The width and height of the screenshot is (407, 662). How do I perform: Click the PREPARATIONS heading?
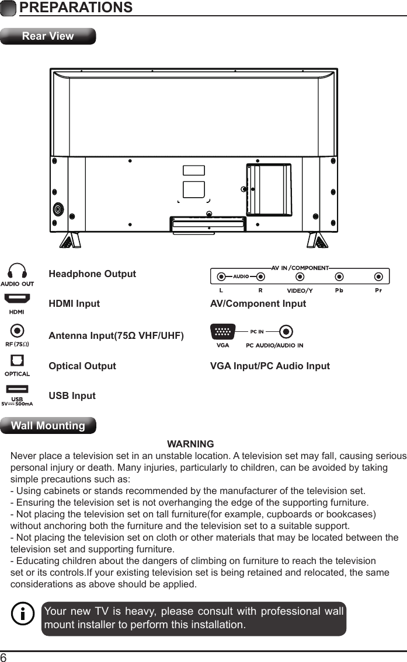click(x=75, y=8)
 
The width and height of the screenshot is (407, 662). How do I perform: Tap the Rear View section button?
click(x=48, y=36)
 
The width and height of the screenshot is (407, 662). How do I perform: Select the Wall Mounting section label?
click(x=48, y=426)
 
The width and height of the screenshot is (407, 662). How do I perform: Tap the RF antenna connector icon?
click(x=18, y=331)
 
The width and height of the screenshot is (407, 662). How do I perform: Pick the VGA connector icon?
click(x=222, y=332)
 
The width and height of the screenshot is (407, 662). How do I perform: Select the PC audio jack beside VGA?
click(x=286, y=332)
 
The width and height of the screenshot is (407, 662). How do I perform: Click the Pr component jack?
click(x=379, y=276)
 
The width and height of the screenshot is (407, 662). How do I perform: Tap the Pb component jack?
click(x=339, y=276)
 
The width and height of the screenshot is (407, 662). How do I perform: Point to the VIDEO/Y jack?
click(x=300, y=276)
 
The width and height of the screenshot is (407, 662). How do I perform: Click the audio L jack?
click(x=221, y=276)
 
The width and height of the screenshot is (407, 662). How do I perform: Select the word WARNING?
click(x=190, y=444)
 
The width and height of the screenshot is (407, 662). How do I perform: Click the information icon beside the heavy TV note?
click(x=23, y=614)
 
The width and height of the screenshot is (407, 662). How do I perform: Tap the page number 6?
click(x=4, y=657)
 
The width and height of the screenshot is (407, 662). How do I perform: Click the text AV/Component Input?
click(x=258, y=304)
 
